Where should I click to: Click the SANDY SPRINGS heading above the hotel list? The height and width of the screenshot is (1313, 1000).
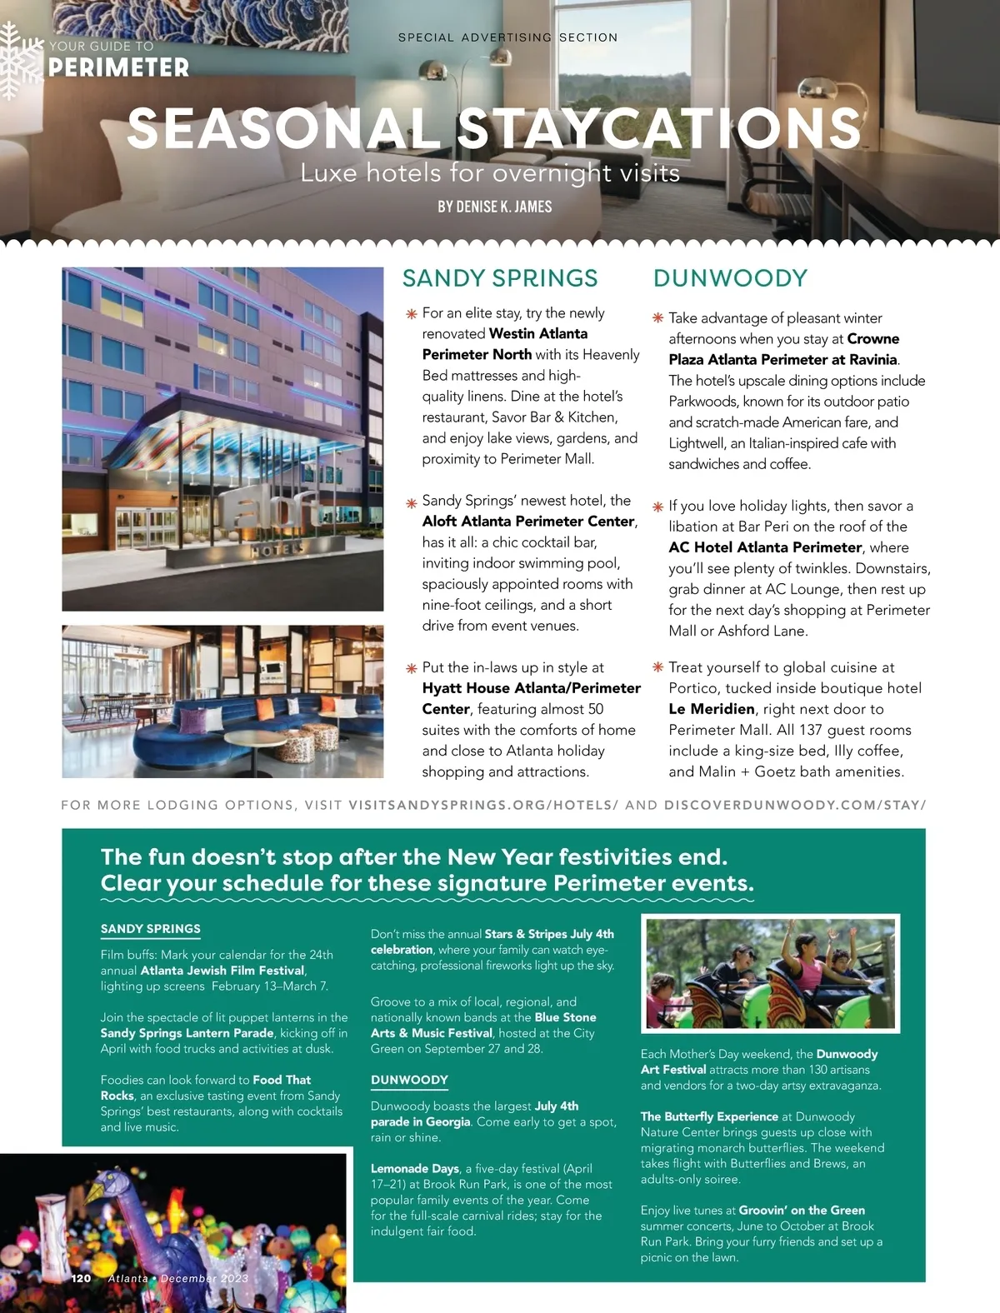(500, 278)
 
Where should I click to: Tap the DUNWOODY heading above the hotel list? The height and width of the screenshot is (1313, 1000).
(730, 278)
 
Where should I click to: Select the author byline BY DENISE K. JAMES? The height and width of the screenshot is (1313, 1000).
(495, 207)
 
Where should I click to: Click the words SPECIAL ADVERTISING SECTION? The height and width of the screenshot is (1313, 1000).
(507, 37)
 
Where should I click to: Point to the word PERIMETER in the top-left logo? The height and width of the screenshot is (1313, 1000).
(118, 67)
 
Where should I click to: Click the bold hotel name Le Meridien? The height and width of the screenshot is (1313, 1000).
(712, 709)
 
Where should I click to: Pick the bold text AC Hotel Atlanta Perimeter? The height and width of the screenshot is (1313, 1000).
(765, 547)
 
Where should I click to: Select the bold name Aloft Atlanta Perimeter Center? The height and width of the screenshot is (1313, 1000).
(528, 522)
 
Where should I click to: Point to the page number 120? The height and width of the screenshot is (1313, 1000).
(81, 1278)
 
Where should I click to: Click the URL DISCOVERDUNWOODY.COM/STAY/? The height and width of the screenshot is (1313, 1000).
(795, 806)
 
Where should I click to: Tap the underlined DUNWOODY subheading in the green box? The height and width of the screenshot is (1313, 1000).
(409, 1080)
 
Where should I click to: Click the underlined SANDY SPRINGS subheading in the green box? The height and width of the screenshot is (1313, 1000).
(151, 929)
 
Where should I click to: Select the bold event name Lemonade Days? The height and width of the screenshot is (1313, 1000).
(414, 1169)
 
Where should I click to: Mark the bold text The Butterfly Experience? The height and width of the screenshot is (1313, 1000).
(709, 1116)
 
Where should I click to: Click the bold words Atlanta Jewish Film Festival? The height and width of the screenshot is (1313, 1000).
(222, 971)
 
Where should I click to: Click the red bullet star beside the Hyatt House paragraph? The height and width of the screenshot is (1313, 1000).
(411, 668)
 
